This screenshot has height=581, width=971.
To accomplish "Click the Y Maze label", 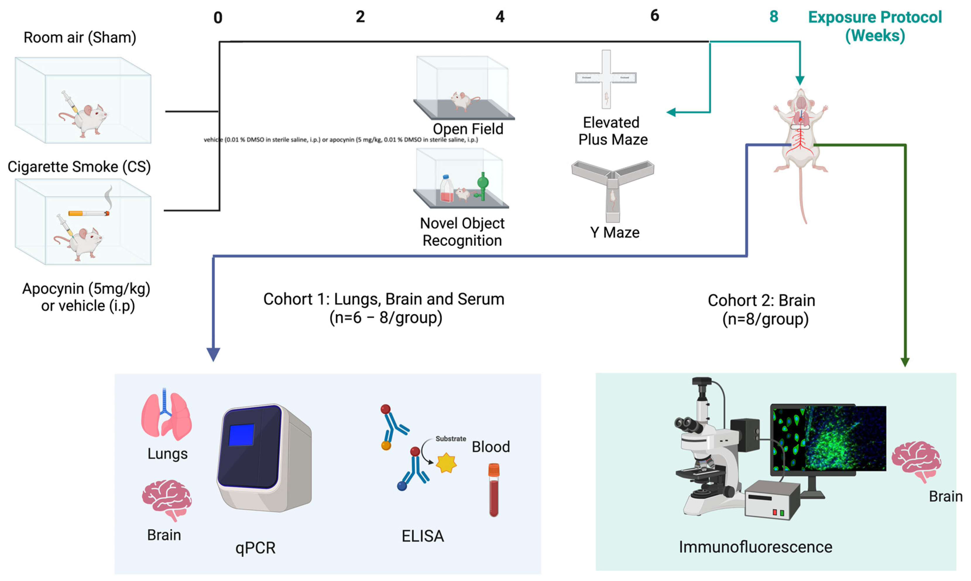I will coord(615,232).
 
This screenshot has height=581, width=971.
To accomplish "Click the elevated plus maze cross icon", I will coord(606,78).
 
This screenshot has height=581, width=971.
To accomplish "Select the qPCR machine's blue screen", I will coord(241,434).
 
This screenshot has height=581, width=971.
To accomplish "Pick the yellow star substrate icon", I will coord(446,463).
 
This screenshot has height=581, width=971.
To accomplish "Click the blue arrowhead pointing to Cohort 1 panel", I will coord(213,354).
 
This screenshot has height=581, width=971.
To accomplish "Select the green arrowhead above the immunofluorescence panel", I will coord(905,362).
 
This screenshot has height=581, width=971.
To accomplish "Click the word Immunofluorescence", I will coord(755,547).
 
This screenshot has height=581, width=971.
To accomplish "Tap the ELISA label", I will coord(423,536).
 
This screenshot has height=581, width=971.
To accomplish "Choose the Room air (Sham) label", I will coord(80,37).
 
